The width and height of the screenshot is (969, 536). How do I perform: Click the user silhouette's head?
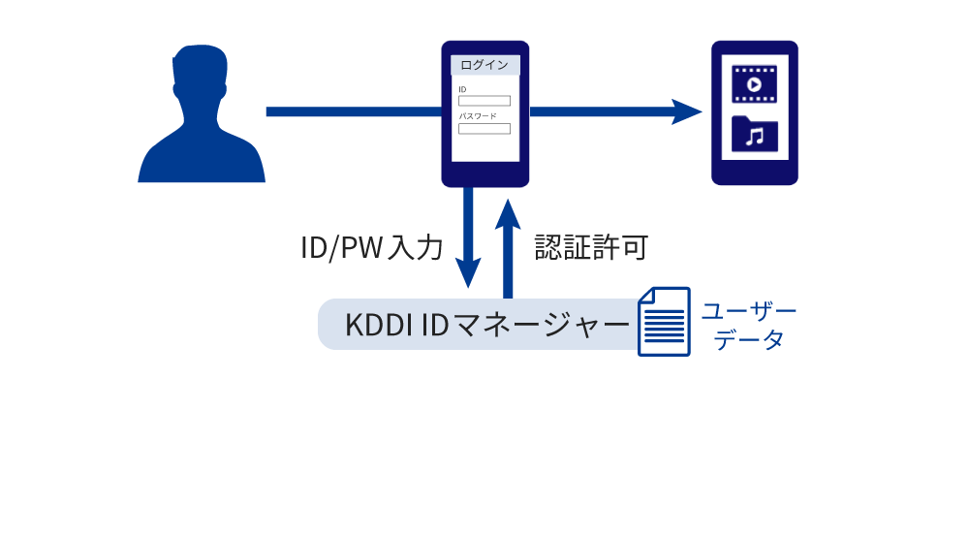(x=201, y=81)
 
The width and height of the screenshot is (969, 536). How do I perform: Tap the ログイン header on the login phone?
(x=484, y=65)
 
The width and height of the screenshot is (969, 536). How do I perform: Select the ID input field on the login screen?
(x=484, y=101)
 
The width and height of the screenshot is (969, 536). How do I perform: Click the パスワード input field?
(x=484, y=128)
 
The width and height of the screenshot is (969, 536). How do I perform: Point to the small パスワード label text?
(x=478, y=116)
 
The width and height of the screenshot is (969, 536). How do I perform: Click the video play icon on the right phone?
(x=754, y=83)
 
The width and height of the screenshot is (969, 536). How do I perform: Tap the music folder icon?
(x=754, y=135)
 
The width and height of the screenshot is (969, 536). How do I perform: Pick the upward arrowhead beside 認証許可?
(x=507, y=213)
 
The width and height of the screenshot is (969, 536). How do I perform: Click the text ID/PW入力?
(x=372, y=248)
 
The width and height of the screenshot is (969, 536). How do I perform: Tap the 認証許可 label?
(x=591, y=248)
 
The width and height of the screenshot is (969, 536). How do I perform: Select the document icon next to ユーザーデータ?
(x=664, y=322)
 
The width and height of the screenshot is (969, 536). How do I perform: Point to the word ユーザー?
(x=748, y=311)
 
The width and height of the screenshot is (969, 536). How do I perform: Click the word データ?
(x=748, y=340)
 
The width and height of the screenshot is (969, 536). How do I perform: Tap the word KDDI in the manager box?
(x=378, y=324)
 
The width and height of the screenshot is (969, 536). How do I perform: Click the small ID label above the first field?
(x=462, y=89)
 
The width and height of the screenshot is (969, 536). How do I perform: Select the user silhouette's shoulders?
(x=202, y=160)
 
